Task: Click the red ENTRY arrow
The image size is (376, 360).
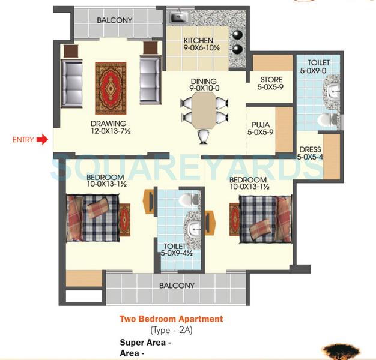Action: (x=41, y=140)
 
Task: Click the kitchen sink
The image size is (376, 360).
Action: (x=179, y=18)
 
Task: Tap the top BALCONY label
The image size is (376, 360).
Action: (x=115, y=20)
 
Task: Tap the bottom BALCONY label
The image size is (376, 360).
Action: (x=177, y=286)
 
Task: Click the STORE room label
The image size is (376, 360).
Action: (x=270, y=80)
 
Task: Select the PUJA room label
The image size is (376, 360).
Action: (x=262, y=125)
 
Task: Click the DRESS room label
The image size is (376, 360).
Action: (x=309, y=149)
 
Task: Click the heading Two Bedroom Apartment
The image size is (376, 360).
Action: (x=171, y=319)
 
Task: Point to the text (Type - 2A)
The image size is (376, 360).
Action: (x=171, y=331)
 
